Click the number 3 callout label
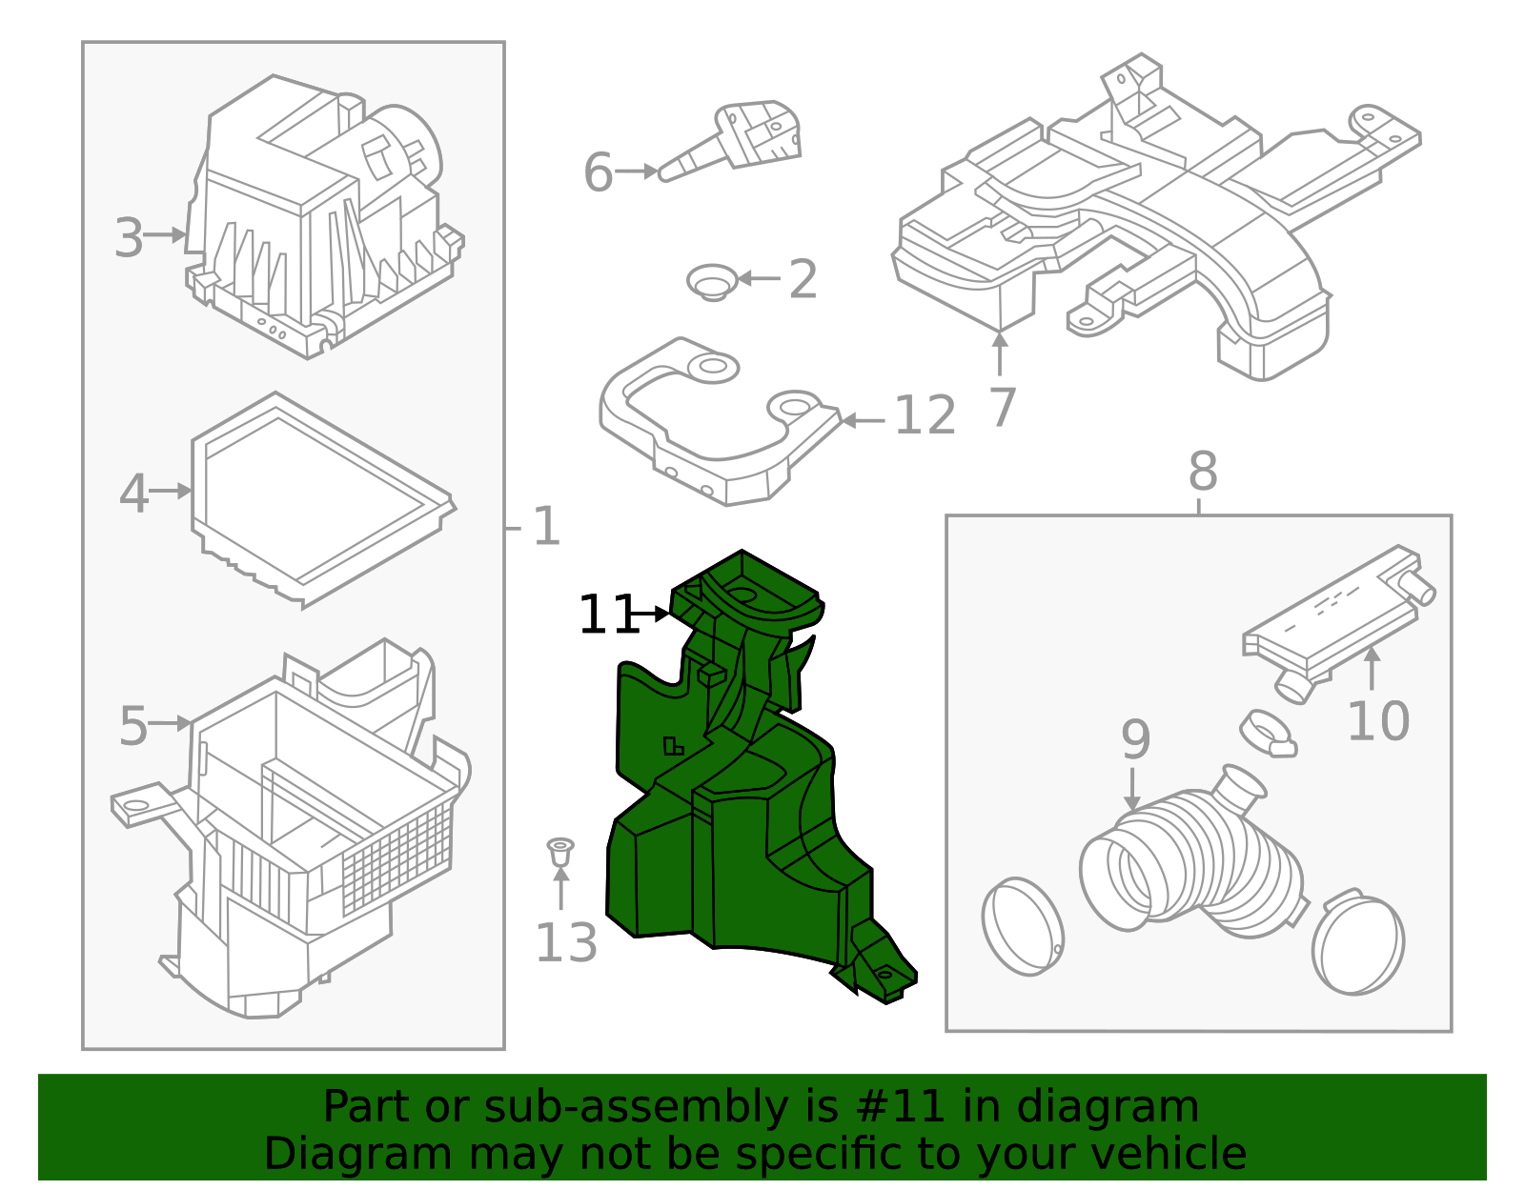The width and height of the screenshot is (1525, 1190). pos(129,238)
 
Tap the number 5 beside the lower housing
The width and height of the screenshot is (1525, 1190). pos(133,727)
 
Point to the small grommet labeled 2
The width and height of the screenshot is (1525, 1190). pos(711,282)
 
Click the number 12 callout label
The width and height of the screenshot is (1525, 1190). pos(925,416)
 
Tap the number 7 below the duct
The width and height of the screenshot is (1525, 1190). pos(1002,408)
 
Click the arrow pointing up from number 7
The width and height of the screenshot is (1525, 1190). pos(999,353)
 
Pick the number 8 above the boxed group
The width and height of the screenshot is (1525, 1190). pos(1203,472)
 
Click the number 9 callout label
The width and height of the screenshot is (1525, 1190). pos(1135,740)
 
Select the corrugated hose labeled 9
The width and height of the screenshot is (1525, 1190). pos(1191,862)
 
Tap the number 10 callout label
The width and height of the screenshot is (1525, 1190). pos(1377,721)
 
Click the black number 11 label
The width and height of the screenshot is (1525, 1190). pos(606,615)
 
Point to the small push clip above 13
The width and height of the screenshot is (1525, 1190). pos(560,851)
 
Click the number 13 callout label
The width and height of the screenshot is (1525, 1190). pos(566,943)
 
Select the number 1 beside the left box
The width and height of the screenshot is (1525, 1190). pos(545,527)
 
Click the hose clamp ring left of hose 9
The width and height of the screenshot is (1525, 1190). pos(1022,926)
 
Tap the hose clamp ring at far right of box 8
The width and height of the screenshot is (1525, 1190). pos(1357,943)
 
